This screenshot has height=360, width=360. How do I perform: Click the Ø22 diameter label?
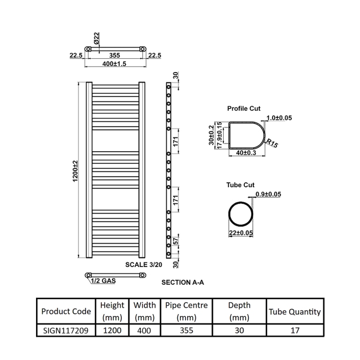pos(96,38)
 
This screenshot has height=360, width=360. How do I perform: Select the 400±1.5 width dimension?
pos(114,64)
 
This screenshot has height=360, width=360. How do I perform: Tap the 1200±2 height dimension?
pos(75,171)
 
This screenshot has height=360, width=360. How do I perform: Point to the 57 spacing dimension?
pos(176,241)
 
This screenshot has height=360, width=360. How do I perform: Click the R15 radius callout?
pos(272,143)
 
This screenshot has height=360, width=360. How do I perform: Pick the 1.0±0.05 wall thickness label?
pos(279,118)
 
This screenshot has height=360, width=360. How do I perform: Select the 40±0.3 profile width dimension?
pos(246,153)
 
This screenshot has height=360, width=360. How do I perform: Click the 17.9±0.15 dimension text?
pos(219,135)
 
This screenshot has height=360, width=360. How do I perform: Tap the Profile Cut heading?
pos(244,109)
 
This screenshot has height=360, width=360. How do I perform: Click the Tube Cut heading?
pos(240,185)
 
